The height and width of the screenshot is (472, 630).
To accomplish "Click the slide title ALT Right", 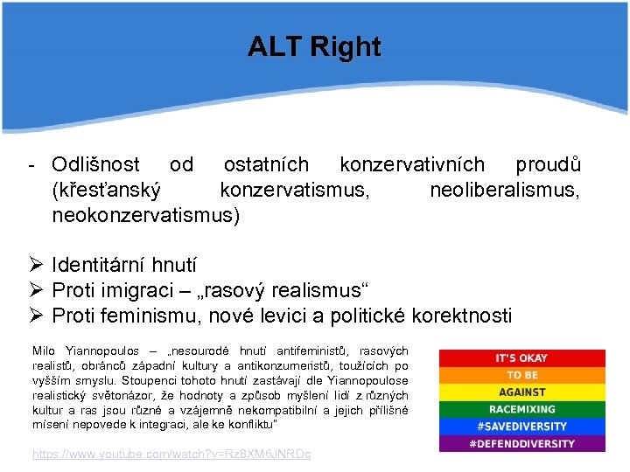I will coord(314,46).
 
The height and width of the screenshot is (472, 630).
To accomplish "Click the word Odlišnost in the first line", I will coord(95,165).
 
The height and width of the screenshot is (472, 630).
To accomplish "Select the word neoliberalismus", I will coord(504,190).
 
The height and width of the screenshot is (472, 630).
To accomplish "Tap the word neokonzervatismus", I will coord(144,215).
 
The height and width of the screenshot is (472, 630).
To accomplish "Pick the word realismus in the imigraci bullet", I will coord(316,290).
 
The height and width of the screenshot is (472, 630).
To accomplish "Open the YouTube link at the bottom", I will coord(171,455).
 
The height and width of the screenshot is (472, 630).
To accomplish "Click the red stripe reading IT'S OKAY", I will coord(521,358).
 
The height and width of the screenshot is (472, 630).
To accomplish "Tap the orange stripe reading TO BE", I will coord(521,375).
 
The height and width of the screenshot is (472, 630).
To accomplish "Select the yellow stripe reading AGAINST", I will coord(521,392).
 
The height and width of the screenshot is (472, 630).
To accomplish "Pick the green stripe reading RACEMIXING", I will coord(521,409).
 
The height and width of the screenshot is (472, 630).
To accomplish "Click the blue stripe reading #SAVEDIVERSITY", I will coord(521,427).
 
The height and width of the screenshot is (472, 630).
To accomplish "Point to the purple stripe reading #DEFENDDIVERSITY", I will coord(521,443).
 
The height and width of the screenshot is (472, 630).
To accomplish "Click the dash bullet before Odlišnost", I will coord(31,165).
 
